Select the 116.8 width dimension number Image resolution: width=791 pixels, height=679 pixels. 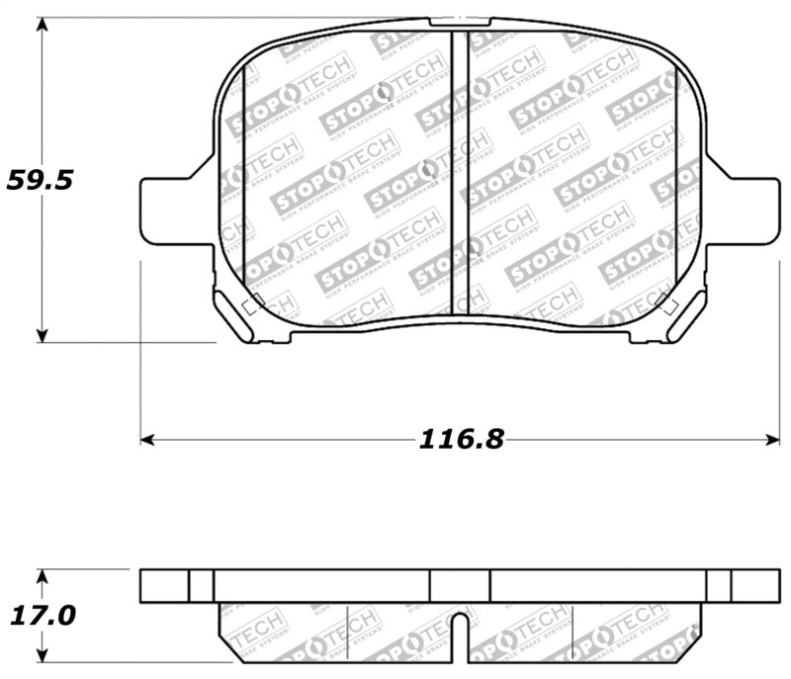point(461,439)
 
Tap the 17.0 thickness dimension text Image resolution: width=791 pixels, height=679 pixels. point(42,616)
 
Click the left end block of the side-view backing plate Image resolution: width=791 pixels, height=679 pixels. point(176,585)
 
